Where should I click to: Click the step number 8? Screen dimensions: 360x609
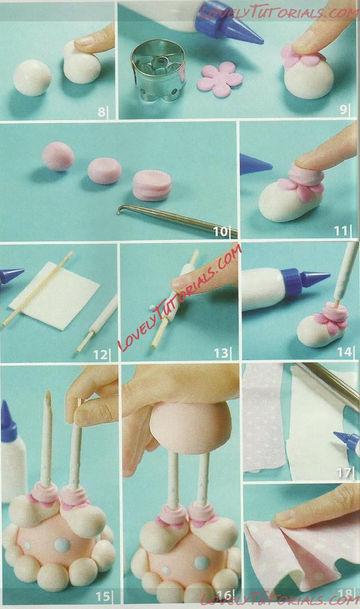[x=101, y=112]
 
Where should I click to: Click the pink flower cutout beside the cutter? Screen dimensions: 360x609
[x=220, y=79]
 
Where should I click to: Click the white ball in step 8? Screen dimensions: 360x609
[x=32, y=78]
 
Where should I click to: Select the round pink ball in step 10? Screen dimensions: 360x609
[x=58, y=156]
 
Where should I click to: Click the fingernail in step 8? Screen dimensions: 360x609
[x=84, y=42]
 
